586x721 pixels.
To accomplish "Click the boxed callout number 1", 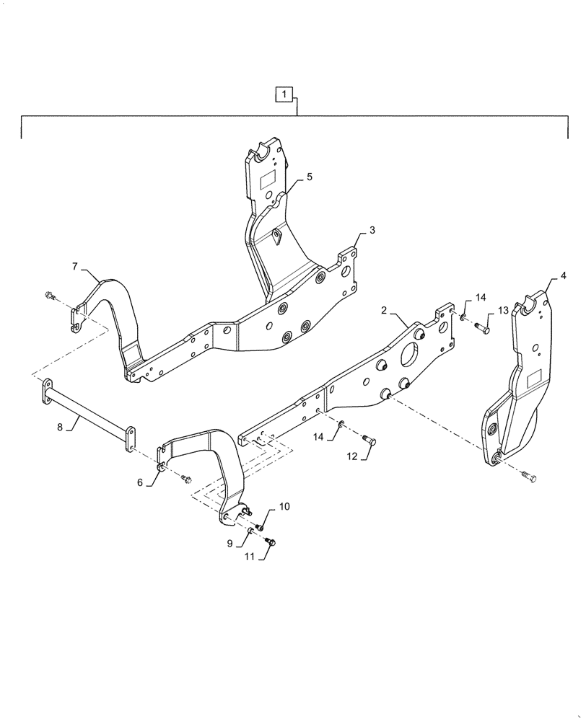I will click(x=285, y=94).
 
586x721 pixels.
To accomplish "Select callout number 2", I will click(x=385, y=310).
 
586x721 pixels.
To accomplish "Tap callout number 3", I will click(x=372, y=231).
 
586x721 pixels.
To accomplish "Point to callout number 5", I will click(x=309, y=177).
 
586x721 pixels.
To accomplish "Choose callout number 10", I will click(x=284, y=507).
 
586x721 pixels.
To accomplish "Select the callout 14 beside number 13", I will click(x=481, y=298).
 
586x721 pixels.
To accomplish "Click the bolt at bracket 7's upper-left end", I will click(x=49, y=295).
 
